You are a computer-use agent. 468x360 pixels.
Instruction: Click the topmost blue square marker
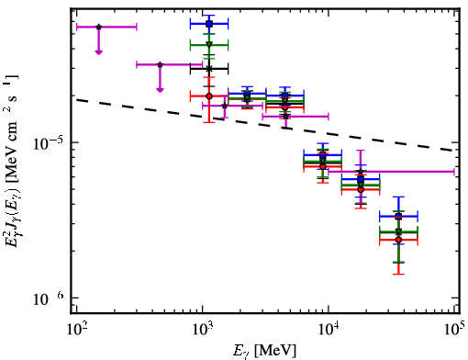point(209,24)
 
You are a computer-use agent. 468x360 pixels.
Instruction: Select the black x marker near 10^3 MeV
point(209,69)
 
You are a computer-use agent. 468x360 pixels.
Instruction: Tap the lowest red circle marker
point(398,240)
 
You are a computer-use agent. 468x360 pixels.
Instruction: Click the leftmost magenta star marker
point(98,27)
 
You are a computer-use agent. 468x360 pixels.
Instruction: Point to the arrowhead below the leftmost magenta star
point(98,52)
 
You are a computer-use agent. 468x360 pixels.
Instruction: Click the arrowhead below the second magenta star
point(160,90)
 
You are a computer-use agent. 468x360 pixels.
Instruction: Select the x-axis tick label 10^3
point(203,330)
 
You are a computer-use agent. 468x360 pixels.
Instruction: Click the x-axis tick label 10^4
point(329,330)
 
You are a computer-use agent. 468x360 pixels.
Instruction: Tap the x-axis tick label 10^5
point(454,330)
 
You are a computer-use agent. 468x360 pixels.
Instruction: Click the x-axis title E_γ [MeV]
point(264,351)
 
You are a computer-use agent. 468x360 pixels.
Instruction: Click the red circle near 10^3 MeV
point(209,96)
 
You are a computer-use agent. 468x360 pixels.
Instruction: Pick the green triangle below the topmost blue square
point(209,45)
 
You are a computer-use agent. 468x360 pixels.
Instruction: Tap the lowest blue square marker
point(398,217)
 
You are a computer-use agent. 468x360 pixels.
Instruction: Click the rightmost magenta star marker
point(361,172)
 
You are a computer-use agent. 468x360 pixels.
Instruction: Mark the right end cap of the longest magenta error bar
point(454,172)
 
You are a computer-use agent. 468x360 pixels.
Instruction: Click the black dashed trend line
point(265,125)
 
